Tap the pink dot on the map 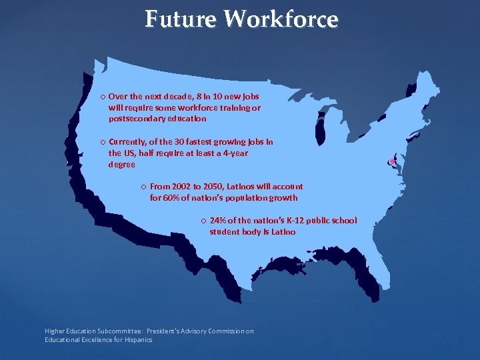(x=393, y=162)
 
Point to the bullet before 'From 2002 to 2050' (x=143, y=187)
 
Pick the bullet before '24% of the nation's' (x=203, y=221)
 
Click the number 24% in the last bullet (x=217, y=221)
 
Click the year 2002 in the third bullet (x=181, y=187)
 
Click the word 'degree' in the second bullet (x=121, y=164)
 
